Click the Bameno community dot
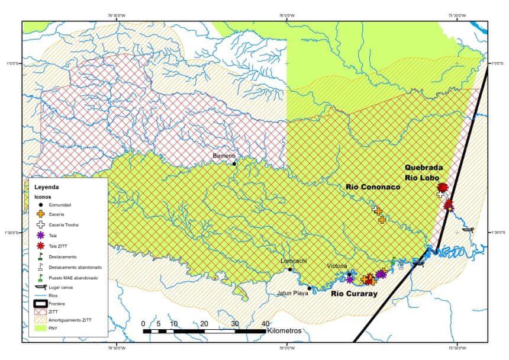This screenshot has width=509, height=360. tap(234, 163)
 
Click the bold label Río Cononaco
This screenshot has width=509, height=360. tap(373, 187)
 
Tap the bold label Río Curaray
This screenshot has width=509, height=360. tap(354, 293)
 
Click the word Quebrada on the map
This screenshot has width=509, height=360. tap(424, 168)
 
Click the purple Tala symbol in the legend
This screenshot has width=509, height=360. tap(40, 235)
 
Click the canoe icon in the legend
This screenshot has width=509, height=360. tap(40, 287)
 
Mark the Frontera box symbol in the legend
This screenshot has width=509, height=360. tap(40, 304)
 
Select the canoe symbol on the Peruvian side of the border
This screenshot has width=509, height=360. tap(468, 229)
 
